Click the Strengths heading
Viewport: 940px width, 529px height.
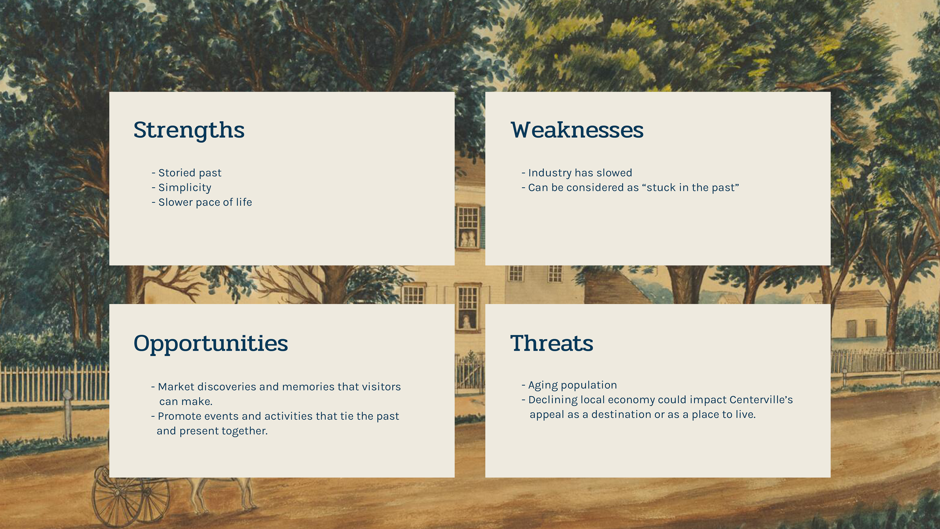(189, 130)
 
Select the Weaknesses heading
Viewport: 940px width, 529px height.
(577, 130)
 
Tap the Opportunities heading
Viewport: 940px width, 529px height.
(211, 344)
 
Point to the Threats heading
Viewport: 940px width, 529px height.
(552, 344)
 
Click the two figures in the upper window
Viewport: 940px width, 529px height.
(468, 239)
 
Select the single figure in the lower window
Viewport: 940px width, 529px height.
(466, 321)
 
